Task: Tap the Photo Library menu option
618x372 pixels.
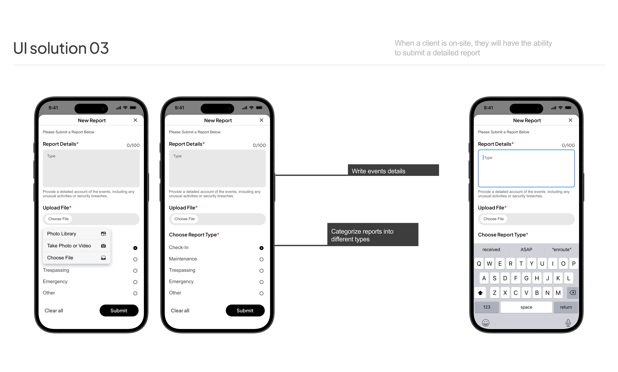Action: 76,234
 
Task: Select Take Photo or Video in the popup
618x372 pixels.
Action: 76,246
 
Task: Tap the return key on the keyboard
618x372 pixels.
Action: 566,307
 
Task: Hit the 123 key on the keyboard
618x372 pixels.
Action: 487,307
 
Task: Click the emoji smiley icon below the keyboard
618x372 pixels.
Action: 486,323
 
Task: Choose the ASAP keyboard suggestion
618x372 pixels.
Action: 526,249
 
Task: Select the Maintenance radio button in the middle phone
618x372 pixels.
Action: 261,259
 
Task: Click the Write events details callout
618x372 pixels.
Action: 393,170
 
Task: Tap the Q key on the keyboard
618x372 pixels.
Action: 479,264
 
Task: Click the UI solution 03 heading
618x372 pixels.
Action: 61,48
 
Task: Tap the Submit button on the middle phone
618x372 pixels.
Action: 245,311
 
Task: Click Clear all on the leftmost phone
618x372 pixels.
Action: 54,311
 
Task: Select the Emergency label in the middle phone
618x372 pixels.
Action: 181,282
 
